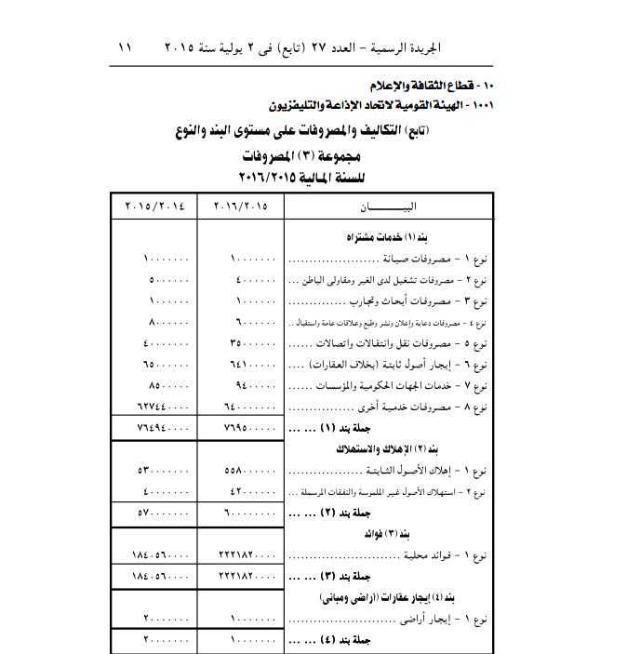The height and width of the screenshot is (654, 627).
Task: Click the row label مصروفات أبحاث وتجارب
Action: [419, 300]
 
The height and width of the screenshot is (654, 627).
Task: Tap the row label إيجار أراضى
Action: [437, 620]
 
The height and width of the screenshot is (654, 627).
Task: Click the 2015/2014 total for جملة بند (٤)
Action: [166, 640]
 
